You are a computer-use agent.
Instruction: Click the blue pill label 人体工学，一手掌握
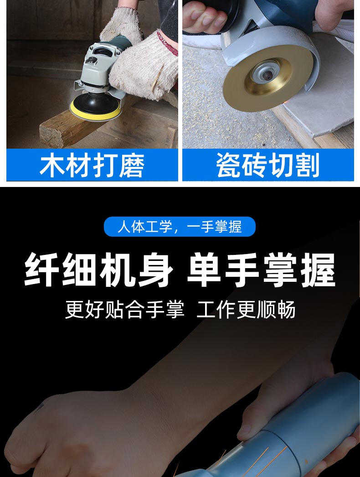click(x=180, y=227)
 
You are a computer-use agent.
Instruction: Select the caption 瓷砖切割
click(x=268, y=165)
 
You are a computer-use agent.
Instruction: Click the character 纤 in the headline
click(x=42, y=270)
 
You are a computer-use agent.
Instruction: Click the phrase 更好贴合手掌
click(x=125, y=310)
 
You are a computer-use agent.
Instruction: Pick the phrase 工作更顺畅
click(x=246, y=310)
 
